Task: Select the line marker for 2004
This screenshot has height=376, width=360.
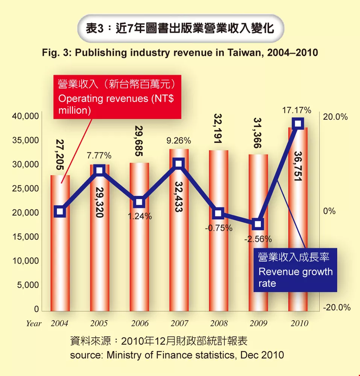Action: point(60,212)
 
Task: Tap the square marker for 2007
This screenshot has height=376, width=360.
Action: point(179,163)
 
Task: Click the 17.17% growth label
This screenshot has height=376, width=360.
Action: point(297,111)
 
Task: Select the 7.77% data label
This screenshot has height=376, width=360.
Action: point(99,155)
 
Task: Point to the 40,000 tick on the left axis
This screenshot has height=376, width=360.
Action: point(26,117)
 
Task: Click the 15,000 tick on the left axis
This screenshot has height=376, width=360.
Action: point(26,237)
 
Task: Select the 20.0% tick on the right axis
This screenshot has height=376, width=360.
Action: point(335,117)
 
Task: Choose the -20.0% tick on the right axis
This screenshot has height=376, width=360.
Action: point(337,308)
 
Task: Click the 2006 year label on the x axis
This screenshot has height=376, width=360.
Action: point(139,323)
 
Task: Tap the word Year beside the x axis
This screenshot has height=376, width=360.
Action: point(34,323)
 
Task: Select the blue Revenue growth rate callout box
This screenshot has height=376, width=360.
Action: point(295,270)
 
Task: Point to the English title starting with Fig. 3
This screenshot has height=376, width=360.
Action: point(180,53)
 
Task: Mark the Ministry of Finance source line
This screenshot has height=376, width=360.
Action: point(177,355)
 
